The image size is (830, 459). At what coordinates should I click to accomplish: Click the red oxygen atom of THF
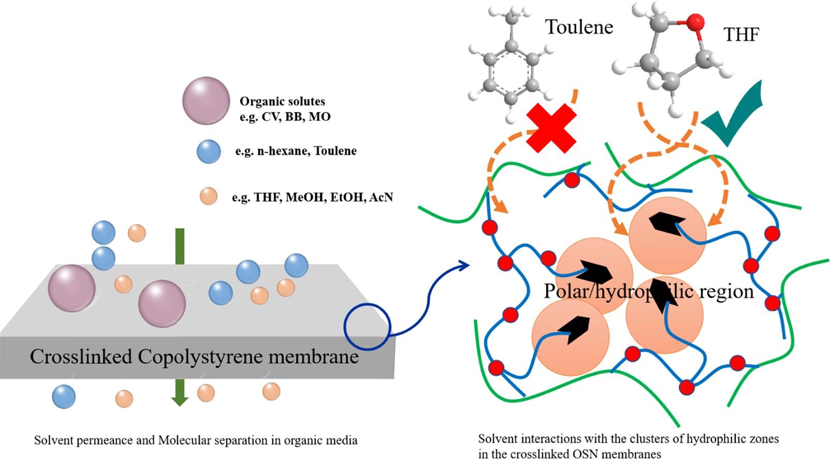(x=696, y=22)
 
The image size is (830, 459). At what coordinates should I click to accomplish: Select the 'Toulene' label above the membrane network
(x=579, y=27)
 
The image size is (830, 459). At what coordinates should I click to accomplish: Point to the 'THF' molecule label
(x=741, y=35)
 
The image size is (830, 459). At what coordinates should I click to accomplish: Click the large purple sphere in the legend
(x=206, y=101)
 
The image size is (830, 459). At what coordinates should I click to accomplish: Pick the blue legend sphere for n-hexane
(x=209, y=151)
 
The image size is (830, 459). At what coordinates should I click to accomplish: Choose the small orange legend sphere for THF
(x=208, y=196)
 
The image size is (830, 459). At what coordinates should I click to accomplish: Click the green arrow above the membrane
(x=180, y=246)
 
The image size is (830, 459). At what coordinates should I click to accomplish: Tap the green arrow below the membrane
(x=180, y=392)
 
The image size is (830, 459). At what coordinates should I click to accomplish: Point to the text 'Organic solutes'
(x=282, y=102)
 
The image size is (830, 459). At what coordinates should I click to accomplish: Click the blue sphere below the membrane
(x=64, y=397)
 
